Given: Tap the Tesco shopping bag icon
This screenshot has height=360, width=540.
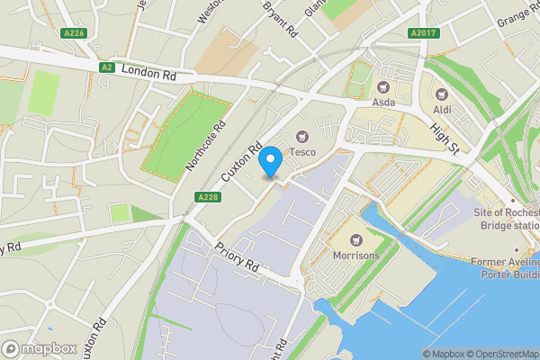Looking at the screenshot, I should [x=302, y=137].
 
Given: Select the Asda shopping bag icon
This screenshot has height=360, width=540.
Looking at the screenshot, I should [x=383, y=87].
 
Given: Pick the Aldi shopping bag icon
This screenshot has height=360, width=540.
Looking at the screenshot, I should [x=441, y=94].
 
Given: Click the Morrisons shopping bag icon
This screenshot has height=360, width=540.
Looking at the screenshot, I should [x=357, y=240].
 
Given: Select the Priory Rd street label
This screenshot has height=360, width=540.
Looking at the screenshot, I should [x=236, y=256].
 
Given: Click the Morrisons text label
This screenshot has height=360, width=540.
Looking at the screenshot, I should [x=356, y=256].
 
